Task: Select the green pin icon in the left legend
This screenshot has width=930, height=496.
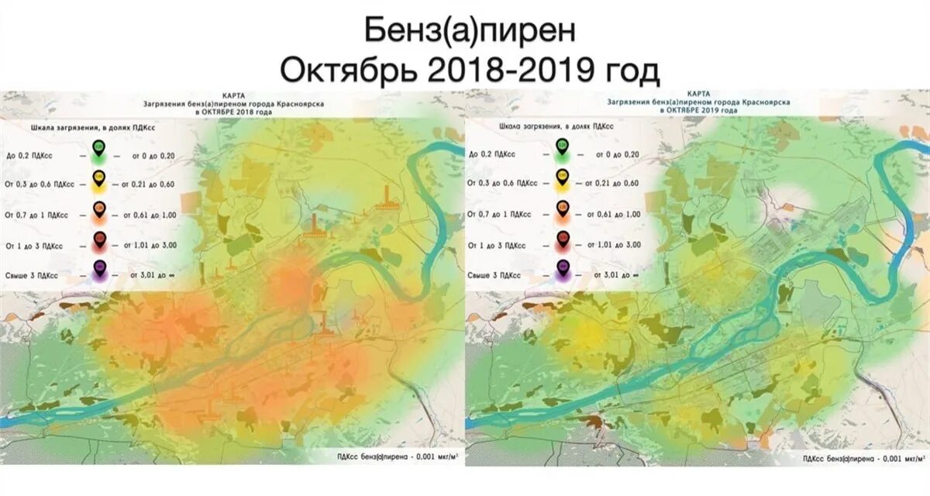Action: coord(98,148)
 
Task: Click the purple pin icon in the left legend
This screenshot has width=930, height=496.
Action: coord(98,270)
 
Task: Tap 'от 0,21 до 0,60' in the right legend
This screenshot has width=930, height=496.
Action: coord(611,184)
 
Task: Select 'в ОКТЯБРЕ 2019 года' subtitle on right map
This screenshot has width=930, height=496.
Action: coord(699,110)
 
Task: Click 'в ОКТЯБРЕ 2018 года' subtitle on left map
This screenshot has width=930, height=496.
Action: coord(234,111)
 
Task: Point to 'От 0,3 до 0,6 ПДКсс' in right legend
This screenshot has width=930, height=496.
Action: coord(503,184)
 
